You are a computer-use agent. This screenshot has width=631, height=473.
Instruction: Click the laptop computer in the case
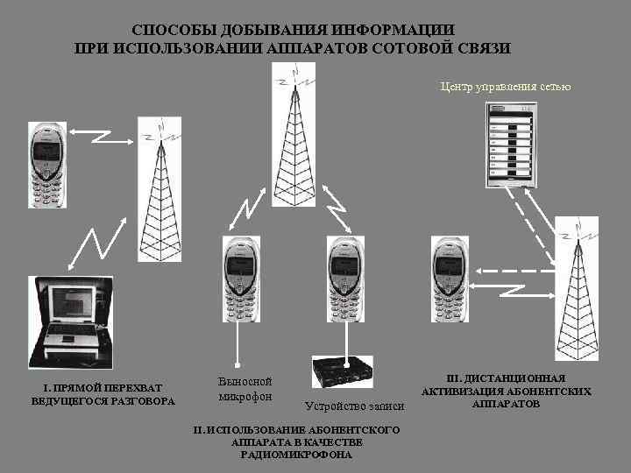[71, 321]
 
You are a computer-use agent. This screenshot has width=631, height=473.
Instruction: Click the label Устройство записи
[354, 406]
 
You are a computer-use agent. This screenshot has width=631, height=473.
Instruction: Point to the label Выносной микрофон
[245, 389]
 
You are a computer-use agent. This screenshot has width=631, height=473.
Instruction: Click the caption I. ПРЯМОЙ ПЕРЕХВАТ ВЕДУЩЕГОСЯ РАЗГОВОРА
[103, 394]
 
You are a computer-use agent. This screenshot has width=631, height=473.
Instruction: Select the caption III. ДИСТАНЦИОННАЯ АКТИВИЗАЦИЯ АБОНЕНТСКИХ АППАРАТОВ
[507, 391]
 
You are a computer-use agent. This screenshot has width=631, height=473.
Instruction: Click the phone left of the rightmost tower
[450, 279]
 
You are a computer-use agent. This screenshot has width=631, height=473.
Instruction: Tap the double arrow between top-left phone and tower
[98, 136]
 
